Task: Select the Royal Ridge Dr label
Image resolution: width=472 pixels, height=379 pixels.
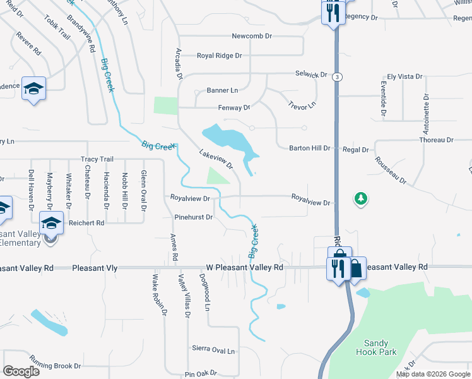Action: click(x=220, y=56)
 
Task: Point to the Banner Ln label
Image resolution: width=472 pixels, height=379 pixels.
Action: click(x=222, y=90)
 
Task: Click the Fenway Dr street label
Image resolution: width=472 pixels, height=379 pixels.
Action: click(x=234, y=108)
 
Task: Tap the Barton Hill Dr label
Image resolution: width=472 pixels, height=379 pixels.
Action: click(x=309, y=148)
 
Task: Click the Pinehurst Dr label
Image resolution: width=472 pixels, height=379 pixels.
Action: click(x=194, y=217)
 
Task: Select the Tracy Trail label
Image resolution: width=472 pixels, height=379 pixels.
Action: click(x=97, y=159)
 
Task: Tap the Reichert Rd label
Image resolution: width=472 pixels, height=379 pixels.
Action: click(x=88, y=223)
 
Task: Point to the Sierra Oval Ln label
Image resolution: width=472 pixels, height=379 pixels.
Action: click(x=213, y=349)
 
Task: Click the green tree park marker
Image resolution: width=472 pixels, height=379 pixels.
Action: click(x=360, y=199)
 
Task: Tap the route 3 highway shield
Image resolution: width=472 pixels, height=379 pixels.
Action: click(x=339, y=76)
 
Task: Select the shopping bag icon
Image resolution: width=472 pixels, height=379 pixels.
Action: click(x=356, y=267)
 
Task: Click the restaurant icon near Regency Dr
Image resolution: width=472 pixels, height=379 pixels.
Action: click(x=333, y=13)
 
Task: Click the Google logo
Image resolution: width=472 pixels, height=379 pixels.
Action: click(x=21, y=371)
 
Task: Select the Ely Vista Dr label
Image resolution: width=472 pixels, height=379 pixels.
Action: click(x=404, y=76)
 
